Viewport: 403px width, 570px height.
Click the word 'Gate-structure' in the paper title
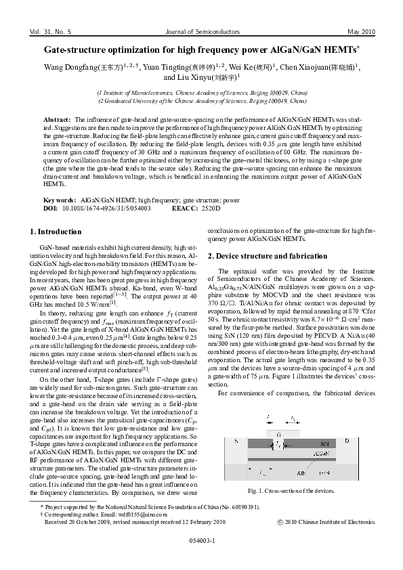click(76, 50)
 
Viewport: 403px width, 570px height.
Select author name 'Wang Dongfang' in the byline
click(66, 67)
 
